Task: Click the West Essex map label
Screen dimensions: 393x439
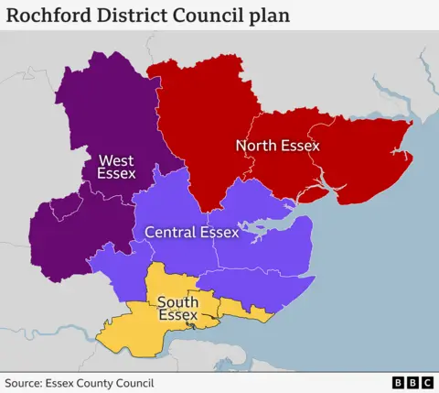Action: (x=116, y=167)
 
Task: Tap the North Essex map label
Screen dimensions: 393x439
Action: (x=277, y=145)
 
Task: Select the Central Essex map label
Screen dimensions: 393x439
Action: (x=191, y=233)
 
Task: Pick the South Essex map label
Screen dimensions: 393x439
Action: (x=177, y=309)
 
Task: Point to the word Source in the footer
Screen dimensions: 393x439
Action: (x=26, y=383)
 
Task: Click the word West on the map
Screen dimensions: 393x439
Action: (x=116, y=159)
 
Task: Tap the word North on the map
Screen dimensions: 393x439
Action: (x=256, y=145)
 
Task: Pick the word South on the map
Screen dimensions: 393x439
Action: (x=177, y=302)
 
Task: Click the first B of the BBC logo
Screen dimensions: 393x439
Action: (x=398, y=383)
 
